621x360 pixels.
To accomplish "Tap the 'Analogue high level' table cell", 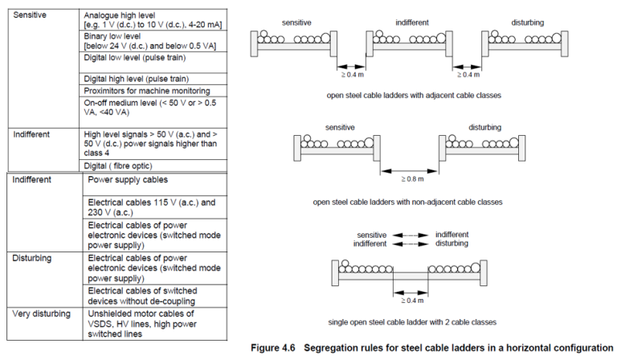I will click(153, 20).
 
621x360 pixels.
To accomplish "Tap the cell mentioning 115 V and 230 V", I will click(151, 207).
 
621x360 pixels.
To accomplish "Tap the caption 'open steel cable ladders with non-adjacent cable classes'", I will click(408, 202).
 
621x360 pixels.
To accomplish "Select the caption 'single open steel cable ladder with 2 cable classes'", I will click(409, 321).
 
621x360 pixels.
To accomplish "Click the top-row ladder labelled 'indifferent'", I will click(410, 40).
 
